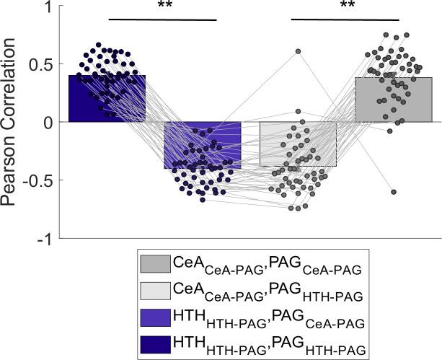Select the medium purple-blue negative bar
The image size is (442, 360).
[x=203, y=144]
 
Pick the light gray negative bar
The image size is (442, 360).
[x=298, y=144]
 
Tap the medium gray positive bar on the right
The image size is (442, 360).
[x=393, y=100]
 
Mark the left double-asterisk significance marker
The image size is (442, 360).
[x=162, y=6]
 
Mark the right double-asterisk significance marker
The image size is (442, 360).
[x=344, y=6]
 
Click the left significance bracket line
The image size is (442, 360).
[x=162, y=19]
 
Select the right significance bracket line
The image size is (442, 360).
[x=344, y=19]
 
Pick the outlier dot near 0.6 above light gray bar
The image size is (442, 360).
[x=297, y=51]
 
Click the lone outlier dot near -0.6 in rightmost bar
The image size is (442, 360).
[x=394, y=192]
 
